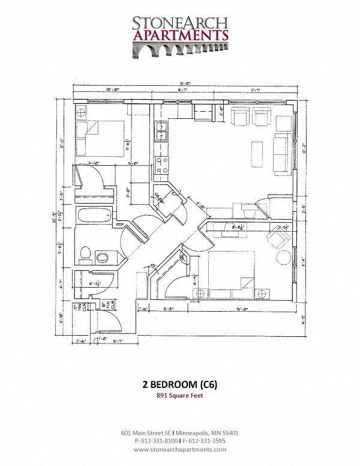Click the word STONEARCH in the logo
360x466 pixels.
click(180, 23)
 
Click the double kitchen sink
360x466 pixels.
click(161, 131)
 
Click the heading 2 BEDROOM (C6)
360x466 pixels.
click(180, 384)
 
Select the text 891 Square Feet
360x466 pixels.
click(180, 396)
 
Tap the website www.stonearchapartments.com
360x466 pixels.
click(180, 449)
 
